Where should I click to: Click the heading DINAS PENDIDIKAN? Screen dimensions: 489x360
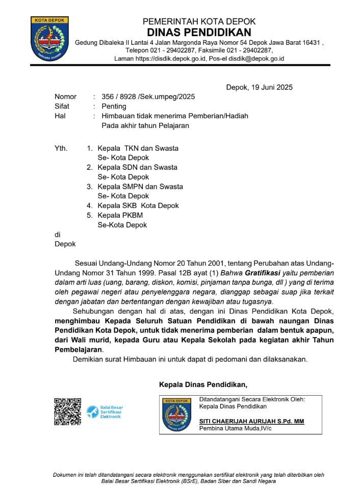[199, 32]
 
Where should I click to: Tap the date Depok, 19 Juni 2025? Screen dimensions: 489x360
[259, 87]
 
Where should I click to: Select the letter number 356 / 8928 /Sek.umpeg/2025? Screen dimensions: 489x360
[148, 97]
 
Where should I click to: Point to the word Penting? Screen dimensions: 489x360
[114, 107]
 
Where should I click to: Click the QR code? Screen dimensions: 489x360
[67, 411]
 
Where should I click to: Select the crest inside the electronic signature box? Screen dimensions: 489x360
[176, 415]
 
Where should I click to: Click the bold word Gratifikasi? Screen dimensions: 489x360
[240, 273]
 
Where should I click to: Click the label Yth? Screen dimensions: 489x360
[61, 148]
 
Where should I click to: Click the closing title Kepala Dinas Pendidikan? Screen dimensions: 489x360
[203, 384]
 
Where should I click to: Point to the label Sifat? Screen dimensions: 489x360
[62, 107]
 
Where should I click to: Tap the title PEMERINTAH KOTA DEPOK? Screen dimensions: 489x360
[199, 21]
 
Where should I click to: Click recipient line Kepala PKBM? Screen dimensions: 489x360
[120, 215]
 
